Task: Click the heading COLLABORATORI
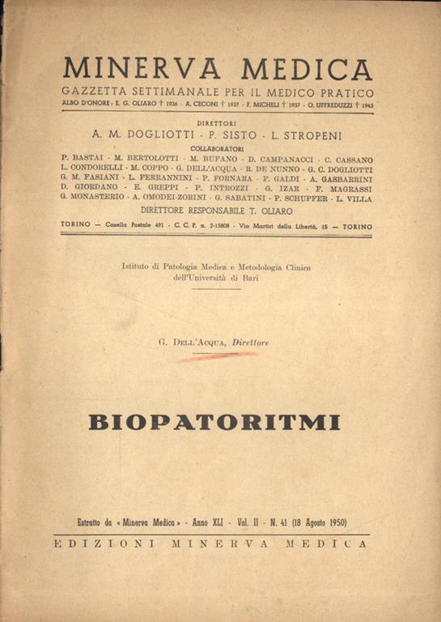point(217,149)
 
